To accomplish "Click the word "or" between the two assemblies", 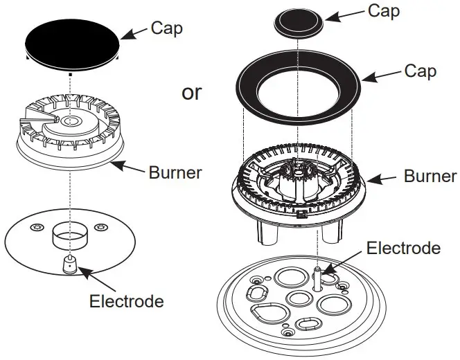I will (x=192, y=92).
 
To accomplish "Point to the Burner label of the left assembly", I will (x=175, y=171).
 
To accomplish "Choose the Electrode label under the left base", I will (x=127, y=301).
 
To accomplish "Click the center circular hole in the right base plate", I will (x=300, y=299).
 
